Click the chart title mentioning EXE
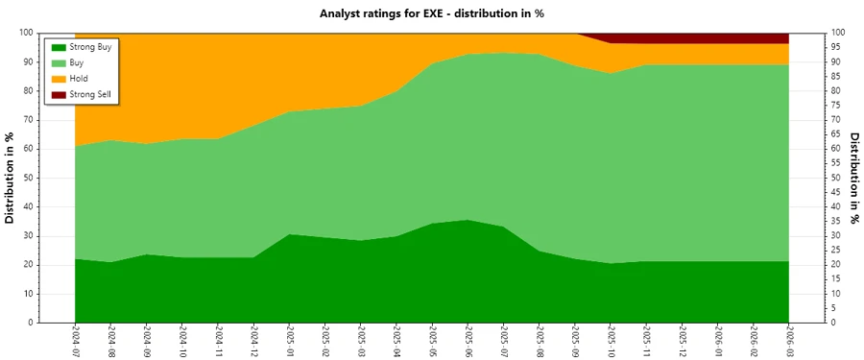tap(431, 12)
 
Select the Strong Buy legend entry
tap(90, 46)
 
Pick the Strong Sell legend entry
tap(91, 94)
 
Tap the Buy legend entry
tap(78, 62)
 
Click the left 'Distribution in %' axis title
tap(11, 178)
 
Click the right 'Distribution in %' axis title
tap(853, 178)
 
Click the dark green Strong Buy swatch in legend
tap(57, 46)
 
